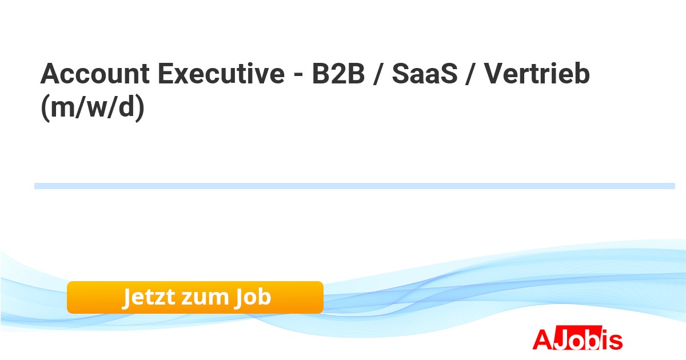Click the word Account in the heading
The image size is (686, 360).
click(95, 74)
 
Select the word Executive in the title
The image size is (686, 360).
click(221, 74)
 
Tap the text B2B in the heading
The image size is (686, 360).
click(338, 74)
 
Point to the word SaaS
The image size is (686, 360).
click(424, 74)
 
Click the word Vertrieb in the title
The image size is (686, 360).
click(537, 74)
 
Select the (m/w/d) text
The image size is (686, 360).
click(93, 107)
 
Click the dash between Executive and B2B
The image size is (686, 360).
click(298, 75)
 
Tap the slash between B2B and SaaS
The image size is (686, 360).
click(378, 74)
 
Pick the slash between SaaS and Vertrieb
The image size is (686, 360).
click(470, 74)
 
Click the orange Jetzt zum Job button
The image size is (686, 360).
click(195, 297)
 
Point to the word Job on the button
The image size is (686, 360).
click(253, 298)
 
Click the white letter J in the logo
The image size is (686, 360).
click(561, 338)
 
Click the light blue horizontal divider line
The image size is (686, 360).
click(354, 186)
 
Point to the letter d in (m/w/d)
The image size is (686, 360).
click(126, 106)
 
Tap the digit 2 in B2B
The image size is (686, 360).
click(338, 74)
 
